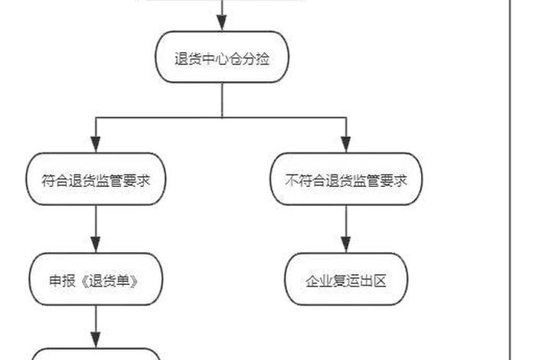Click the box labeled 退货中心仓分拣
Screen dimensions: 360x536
click(222, 57)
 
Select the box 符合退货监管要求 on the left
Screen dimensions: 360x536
click(96, 180)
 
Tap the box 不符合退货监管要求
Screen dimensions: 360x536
click(346, 180)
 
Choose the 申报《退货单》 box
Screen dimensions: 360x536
click(96, 280)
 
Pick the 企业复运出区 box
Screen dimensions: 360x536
click(346, 280)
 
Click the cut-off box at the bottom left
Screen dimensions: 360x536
click(96, 354)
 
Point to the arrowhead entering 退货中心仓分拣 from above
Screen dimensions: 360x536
click(222, 24)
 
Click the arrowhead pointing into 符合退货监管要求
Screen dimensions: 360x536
click(96, 145)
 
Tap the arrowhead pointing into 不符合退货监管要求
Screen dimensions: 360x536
click(346, 145)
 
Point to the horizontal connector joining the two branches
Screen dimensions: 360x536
click(222, 117)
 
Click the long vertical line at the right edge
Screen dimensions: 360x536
click(509, 180)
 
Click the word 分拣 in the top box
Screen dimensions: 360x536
click(260, 58)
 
